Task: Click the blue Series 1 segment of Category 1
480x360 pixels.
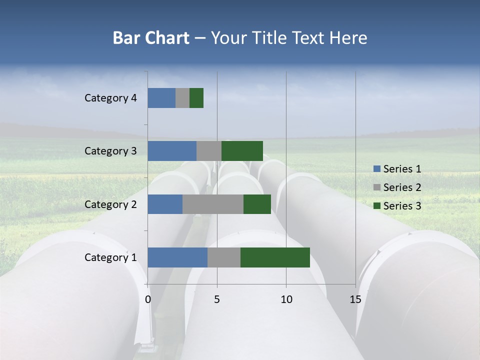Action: pyautogui.click(x=177, y=257)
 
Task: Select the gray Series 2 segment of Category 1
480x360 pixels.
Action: pyautogui.click(x=224, y=257)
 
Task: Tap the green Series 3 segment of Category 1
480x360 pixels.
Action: pyautogui.click(x=275, y=257)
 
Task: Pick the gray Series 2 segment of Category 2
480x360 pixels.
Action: pyautogui.click(x=213, y=204)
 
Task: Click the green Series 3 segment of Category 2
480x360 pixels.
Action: pyautogui.click(x=257, y=204)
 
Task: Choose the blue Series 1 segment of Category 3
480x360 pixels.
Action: pyautogui.click(x=172, y=151)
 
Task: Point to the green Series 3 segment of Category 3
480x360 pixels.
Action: pyautogui.click(x=242, y=151)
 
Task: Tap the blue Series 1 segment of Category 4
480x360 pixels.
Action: pyautogui.click(x=161, y=98)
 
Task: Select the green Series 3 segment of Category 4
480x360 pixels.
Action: pyautogui.click(x=196, y=98)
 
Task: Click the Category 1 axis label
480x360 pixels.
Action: pyautogui.click(x=110, y=257)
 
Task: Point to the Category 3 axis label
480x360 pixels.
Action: pyautogui.click(x=110, y=151)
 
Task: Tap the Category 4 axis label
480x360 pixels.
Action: pyautogui.click(x=110, y=98)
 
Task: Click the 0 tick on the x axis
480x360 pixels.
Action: pyautogui.click(x=148, y=299)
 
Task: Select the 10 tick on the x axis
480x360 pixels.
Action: pyautogui.click(x=286, y=299)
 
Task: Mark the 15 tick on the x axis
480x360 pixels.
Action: pyautogui.click(x=355, y=299)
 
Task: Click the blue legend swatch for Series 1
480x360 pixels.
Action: pyautogui.click(x=377, y=169)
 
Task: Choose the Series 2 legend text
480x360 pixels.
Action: pyautogui.click(x=402, y=187)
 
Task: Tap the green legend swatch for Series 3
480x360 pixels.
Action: pyautogui.click(x=377, y=206)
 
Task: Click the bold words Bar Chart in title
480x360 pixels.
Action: pyautogui.click(x=151, y=38)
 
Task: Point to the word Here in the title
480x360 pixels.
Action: pyautogui.click(x=349, y=38)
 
